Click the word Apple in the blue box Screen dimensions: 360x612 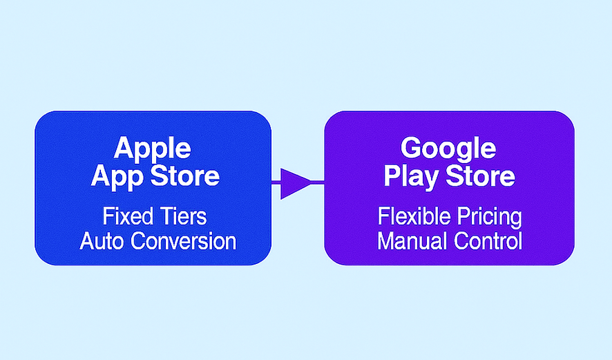(x=152, y=149)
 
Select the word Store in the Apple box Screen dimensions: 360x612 (x=183, y=176)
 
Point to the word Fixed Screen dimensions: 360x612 (x=127, y=216)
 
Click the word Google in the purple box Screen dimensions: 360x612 (x=448, y=149)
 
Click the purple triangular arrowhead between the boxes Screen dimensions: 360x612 (x=293, y=182)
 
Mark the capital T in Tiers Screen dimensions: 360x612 (x=162, y=216)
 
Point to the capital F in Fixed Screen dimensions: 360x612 (x=108, y=216)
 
